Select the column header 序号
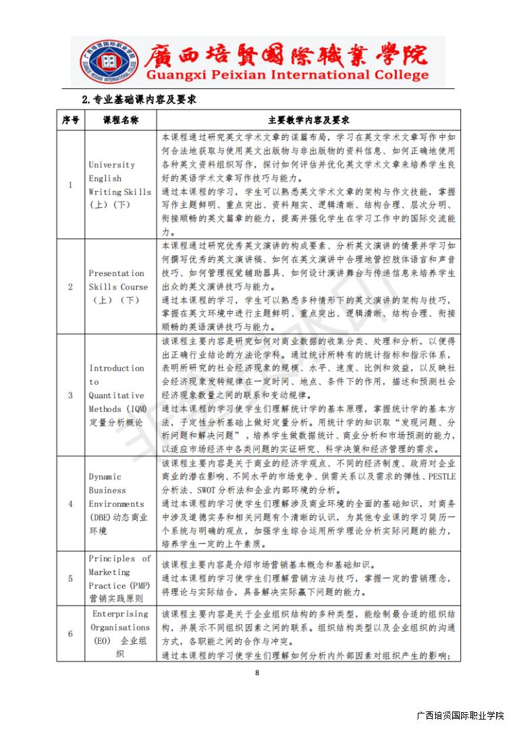point(70,120)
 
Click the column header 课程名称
point(120,120)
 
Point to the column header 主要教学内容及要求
point(308,120)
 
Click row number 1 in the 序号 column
point(70,185)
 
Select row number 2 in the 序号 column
point(70,286)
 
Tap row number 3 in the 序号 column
point(70,395)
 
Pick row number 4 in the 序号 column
point(70,504)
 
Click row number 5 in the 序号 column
point(70,578)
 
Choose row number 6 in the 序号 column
point(70,633)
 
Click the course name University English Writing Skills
point(120,185)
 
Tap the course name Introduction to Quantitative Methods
point(117,395)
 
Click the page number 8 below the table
point(257,672)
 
